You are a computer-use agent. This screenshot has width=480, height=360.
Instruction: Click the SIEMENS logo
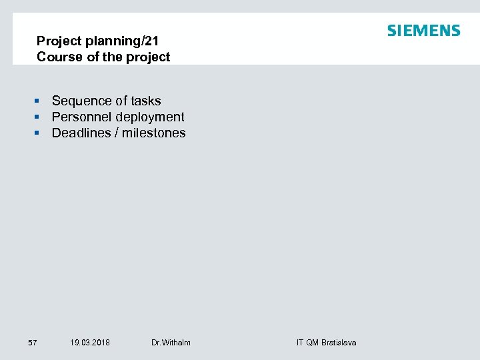pyautogui.click(x=423, y=31)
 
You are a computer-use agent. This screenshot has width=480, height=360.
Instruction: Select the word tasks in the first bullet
pyautogui.click(x=146, y=101)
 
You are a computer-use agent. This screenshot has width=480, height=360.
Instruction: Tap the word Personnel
pyautogui.click(x=81, y=117)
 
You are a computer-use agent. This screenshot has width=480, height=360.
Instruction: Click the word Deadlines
pyautogui.click(x=81, y=133)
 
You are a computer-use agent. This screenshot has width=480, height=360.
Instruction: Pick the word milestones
pyautogui.click(x=153, y=133)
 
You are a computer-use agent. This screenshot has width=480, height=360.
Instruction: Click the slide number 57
pyautogui.click(x=33, y=343)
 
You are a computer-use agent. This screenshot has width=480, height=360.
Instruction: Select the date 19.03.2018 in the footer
pyautogui.click(x=90, y=343)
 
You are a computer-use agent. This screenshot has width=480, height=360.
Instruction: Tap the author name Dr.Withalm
pyautogui.click(x=171, y=343)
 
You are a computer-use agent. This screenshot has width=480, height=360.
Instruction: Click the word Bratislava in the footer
pyautogui.click(x=339, y=343)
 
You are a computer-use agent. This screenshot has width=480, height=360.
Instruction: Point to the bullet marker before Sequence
pyautogui.click(x=39, y=101)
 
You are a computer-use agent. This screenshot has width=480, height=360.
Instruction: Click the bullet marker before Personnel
pyautogui.click(x=39, y=117)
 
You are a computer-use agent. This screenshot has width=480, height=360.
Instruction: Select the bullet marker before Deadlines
pyautogui.click(x=39, y=133)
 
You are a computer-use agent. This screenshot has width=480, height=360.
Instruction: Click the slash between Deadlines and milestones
pyautogui.click(x=117, y=133)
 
